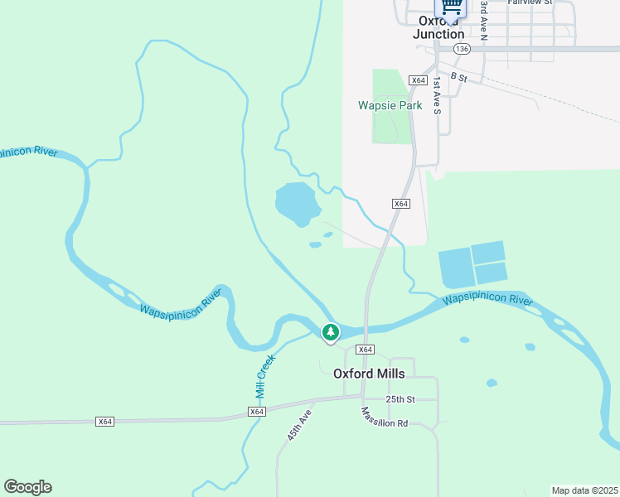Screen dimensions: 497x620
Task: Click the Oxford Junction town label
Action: (438, 27)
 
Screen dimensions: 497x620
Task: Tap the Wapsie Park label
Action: (390, 105)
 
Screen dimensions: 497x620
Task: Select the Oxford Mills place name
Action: (369, 373)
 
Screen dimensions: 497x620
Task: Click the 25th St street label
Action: (399, 399)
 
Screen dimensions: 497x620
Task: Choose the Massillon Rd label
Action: (384, 417)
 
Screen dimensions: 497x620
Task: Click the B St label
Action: (459, 77)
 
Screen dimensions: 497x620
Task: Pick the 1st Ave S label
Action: (437, 95)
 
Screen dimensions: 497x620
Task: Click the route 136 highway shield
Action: (462, 50)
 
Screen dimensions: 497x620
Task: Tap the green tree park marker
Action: (331, 333)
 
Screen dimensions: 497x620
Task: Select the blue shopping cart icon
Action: (451, 6)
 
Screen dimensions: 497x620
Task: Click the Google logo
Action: (27, 487)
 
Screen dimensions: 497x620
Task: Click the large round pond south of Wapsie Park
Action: (297, 202)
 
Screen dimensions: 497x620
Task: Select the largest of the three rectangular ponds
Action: (454, 268)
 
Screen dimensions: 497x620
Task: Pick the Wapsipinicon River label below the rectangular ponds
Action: (487, 300)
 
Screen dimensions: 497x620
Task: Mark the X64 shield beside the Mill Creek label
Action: (256, 412)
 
